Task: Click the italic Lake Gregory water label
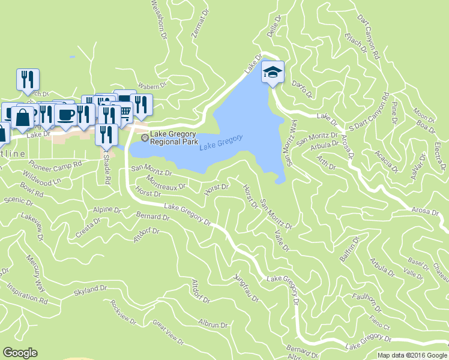point(221,142)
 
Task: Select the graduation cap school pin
point(273,73)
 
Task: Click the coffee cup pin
point(66,113)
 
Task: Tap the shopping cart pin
point(125,110)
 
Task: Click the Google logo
point(20,352)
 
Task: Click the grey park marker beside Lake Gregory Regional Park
point(143,139)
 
